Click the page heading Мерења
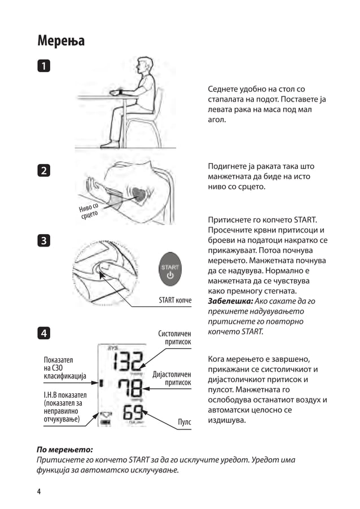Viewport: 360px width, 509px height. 61,41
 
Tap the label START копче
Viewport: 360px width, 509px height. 175,301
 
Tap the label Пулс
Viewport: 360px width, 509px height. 184,422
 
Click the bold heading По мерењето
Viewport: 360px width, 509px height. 64,450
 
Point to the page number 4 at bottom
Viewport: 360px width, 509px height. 39,492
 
